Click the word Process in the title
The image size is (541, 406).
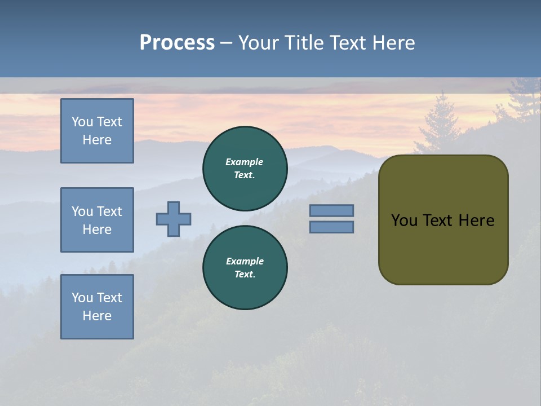click(177, 43)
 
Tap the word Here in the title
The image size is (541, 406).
click(393, 43)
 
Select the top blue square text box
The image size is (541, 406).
click(97, 131)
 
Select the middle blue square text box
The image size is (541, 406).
click(97, 220)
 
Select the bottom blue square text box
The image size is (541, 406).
click(97, 307)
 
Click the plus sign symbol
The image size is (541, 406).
click(174, 219)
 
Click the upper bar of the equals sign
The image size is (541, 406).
click(332, 210)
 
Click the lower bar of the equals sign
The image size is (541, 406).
click(332, 227)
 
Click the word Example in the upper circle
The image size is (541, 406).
click(244, 162)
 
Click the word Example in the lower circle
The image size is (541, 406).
click(245, 261)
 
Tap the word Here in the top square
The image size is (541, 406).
click(97, 140)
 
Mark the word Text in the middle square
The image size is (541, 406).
click(109, 211)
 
